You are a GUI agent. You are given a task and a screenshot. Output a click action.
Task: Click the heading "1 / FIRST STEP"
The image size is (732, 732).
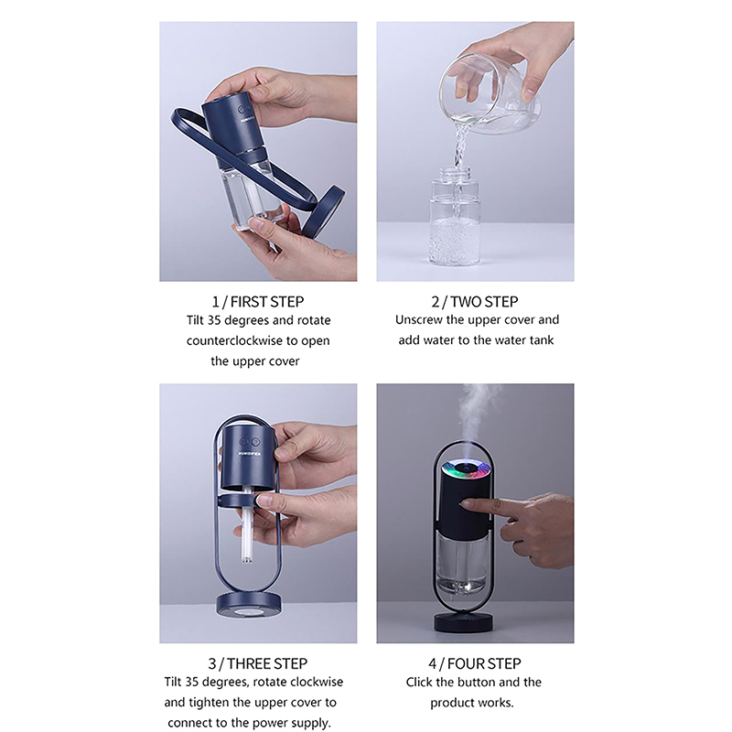pyautogui.click(x=258, y=302)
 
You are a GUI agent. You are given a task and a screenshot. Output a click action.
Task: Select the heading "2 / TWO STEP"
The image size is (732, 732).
pyautogui.click(x=475, y=302)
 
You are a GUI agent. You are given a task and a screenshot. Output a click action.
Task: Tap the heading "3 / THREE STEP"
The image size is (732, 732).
pyautogui.click(x=258, y=663)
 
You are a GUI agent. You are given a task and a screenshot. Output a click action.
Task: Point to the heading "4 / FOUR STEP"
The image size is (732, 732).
pyautogui.click(x=475, y=663)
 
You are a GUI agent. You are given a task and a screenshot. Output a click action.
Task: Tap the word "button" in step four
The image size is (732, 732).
pyautogui.click(x=494, y=683)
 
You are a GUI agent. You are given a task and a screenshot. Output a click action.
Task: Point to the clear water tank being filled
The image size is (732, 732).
pyautogui.click(x=454, y=220)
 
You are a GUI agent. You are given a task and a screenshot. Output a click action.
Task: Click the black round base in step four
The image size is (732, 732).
pyautogui.click(x=464, y=622)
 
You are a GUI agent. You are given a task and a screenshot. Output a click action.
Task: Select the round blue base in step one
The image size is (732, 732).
pyautogui.click(x=324, y=211)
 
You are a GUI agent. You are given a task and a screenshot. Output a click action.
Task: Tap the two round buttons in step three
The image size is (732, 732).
pyautogui.click(x=250, y=441)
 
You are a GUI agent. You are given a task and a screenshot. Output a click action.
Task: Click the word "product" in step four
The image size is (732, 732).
pyautogui.click(x=453, y=703)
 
